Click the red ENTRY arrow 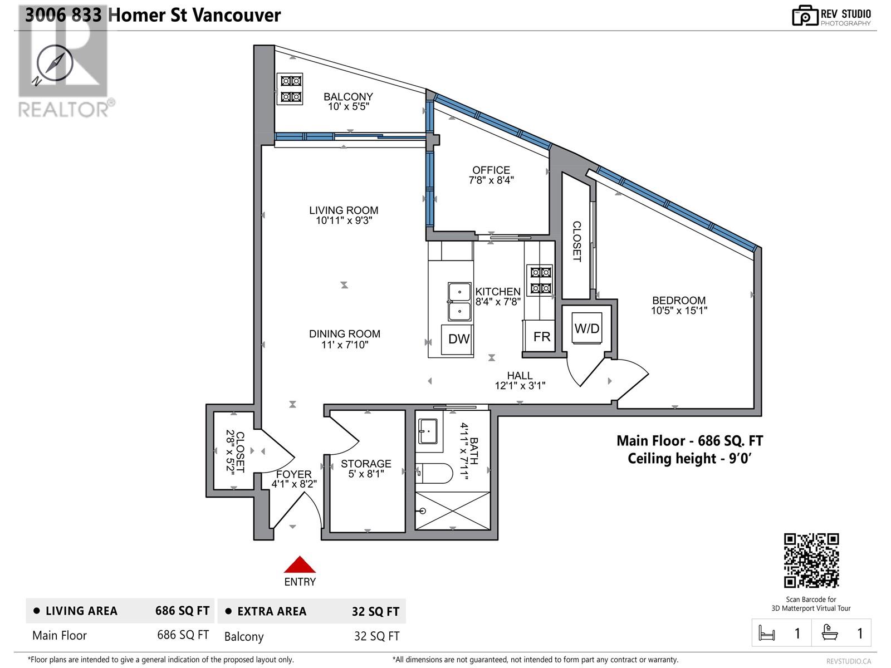coord(300,564)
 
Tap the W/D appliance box coord(587,328)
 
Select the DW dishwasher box coord(458,338)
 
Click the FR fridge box coord(541,336)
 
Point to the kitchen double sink coord(459,301)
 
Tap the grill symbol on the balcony coord(290,89)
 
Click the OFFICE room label coord(491,170)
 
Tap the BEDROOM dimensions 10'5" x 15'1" coord(679,311)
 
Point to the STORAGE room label coord(366,463)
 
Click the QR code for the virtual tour coord(811,561)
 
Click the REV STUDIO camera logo coord(805,16)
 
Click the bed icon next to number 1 coord(767,633)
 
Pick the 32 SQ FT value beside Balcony coord(376,636)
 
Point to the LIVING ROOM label coord(344,210)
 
